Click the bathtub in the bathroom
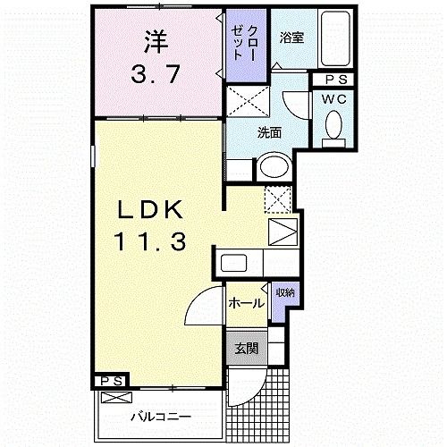336,39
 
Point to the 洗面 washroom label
269,133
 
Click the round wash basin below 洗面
274,167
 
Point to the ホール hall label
246,303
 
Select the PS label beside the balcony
111,382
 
